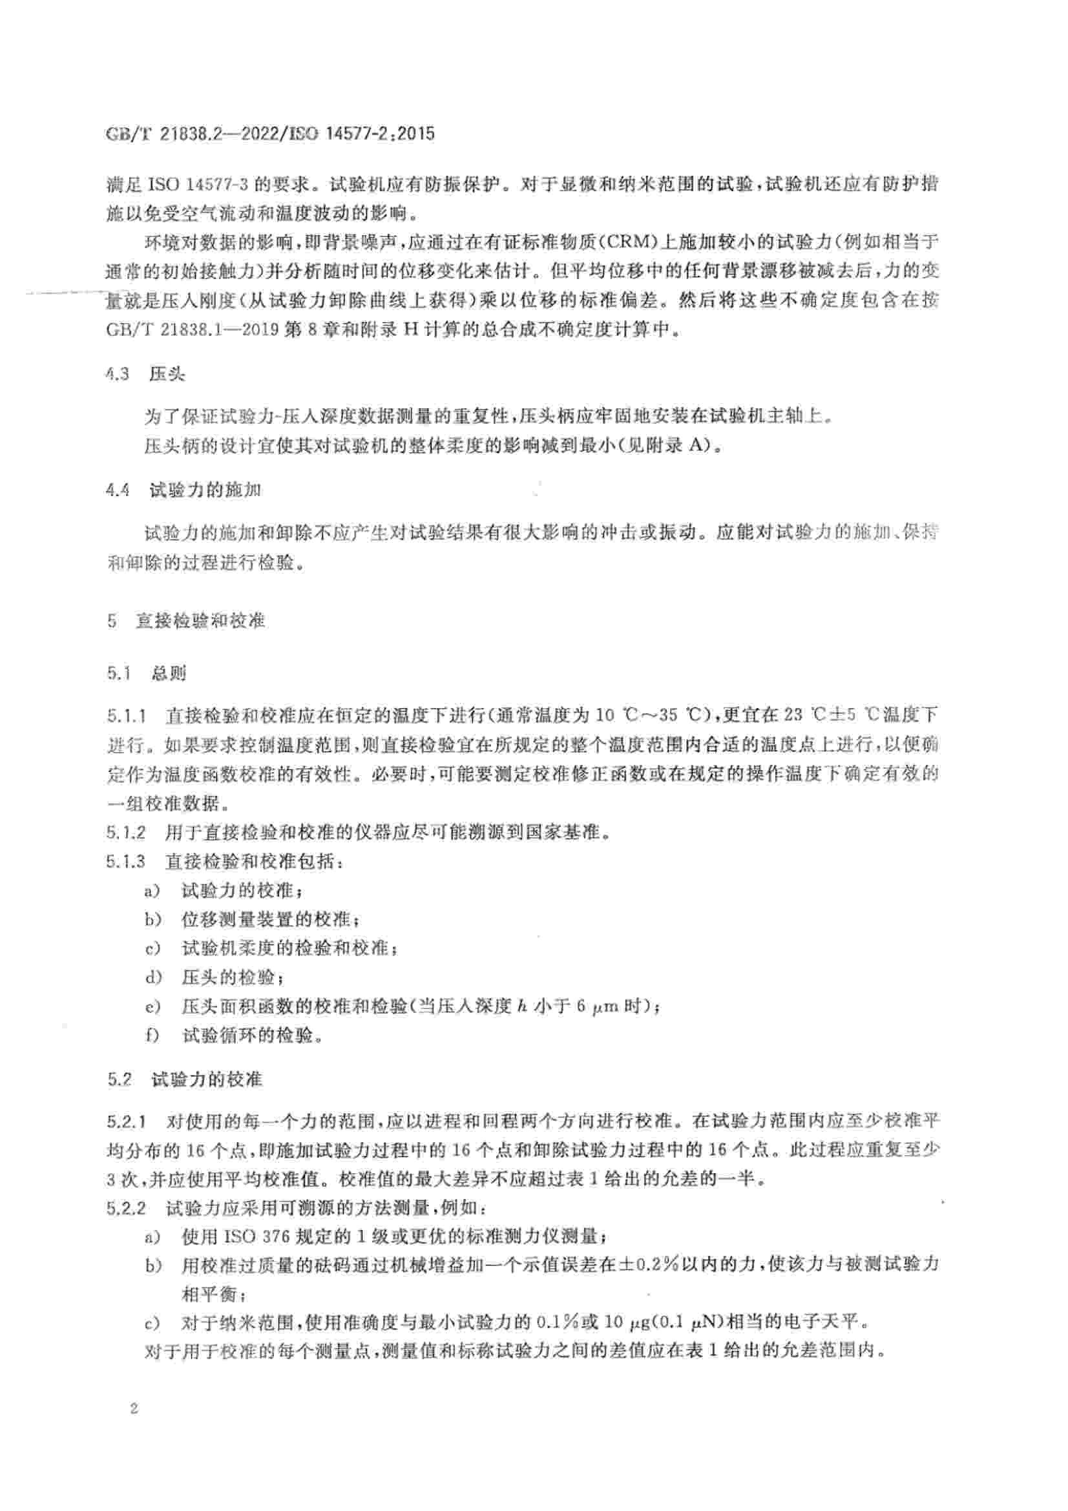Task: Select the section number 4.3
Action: point(117,375)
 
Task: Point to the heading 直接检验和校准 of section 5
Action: point(200,621)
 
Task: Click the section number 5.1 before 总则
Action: point(119,673)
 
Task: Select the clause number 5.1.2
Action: point(126,833)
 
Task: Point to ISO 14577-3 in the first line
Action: point(198,185)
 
